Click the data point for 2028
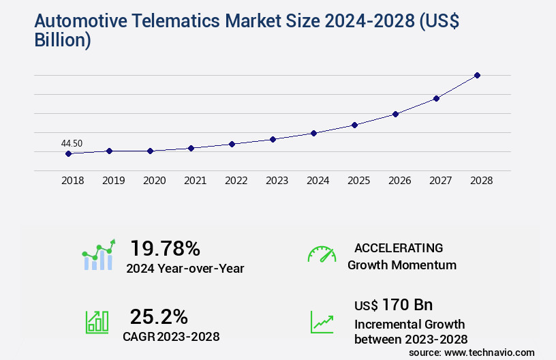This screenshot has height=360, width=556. pyautogui.click(x=477, y=75)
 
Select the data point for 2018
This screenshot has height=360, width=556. pyautogui.click(x=68, y=154)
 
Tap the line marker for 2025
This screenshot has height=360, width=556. pyautogui.click(x=354, y=125)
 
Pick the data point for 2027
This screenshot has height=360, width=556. pyautogui.click(x=436, y=98)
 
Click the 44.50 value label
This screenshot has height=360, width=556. pyautogui.click(x=72, y=143)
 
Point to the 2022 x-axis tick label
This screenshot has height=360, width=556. pyautogui.click(x=236, y=181)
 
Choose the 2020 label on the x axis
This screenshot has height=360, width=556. pyautogui.click(x=154, y=181)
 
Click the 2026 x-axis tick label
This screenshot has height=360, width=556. pyautogui.click(x=399, y=181)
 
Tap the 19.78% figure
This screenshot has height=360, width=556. pyautogui.click(x=165, y=248)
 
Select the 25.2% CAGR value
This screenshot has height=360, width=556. pyautogui.click(x=159, y=316)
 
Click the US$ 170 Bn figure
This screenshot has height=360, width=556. pyautogui.click(x=393, y=304)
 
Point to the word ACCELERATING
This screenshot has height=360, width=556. pyautogui.click(x=399, y=248)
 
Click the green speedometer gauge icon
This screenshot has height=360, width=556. pyautogui.click(x=322, y=254)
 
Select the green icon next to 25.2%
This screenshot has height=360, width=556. pyautogui.click(x=97, y=322)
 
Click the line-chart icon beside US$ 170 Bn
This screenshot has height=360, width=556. pyautogui.click(x=322, y=322)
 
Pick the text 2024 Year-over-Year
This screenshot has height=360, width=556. pyautogui.click(x=185, y=269)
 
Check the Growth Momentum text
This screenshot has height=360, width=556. pyautogui.click(x=401, y=265)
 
